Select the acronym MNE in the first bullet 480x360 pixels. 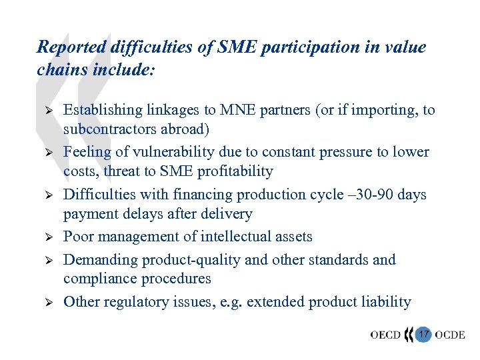point(245,110)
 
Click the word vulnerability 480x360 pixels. point(175,152)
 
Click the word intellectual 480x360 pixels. point(236,237)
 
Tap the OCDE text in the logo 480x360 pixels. point(450,334)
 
